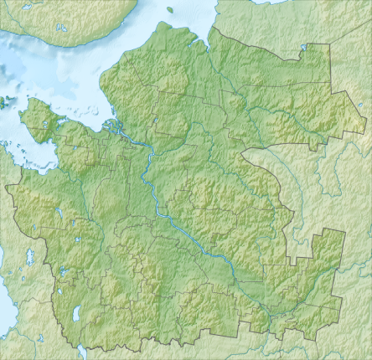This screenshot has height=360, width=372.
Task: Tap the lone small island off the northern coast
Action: point(169,10)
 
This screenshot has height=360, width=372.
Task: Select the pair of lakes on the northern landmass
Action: point(61,28)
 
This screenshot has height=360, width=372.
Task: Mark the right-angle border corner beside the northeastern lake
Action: point(307,47)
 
